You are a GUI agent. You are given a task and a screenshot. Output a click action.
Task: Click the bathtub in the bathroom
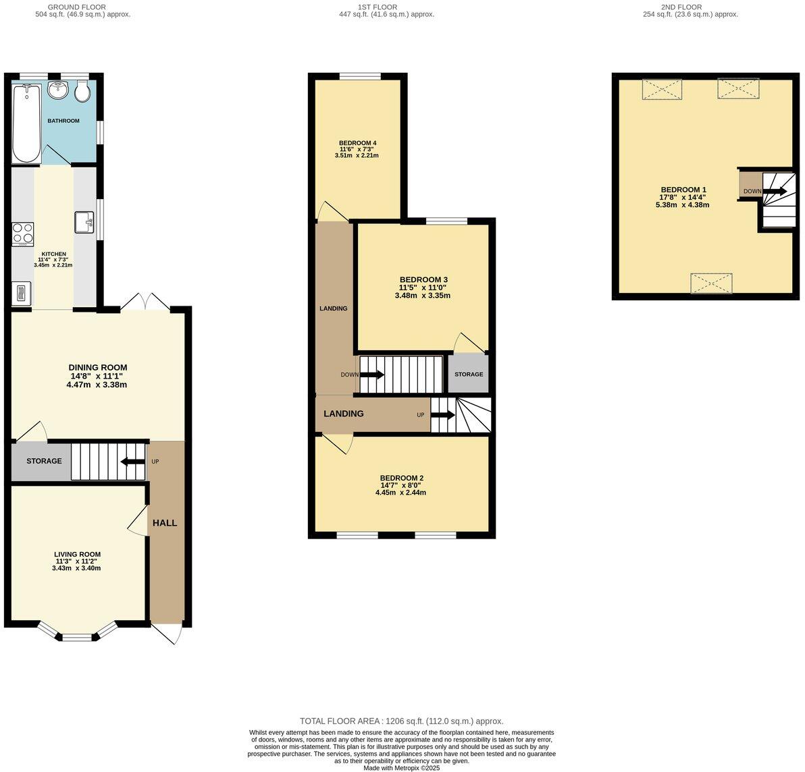(x=26, y=123)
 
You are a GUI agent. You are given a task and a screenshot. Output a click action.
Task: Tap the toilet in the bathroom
(x=82, y=92)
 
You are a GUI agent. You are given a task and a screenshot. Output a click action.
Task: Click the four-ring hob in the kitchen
(x=23, y=233)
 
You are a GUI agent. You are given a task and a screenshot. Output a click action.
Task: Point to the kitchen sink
(x=84, y=221)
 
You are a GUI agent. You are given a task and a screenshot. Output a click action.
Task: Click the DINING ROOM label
(x=97, y=368)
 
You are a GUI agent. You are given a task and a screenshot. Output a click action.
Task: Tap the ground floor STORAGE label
(x=44, y=462)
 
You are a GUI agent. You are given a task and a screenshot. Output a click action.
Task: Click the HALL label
(x=165, y=523)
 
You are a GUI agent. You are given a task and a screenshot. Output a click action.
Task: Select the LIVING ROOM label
(x=77, y=555)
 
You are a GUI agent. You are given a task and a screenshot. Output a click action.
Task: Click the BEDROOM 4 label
(x=357, y=143)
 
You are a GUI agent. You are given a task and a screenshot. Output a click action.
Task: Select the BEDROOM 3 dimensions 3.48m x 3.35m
(x=422, y=296)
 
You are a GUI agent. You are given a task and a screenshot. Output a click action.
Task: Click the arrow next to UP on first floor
(x=442, y=415)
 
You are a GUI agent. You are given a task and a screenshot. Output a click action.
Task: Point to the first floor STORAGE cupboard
(x=469, y=374)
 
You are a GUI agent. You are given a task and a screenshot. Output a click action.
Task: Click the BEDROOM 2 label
(x=401, y=478)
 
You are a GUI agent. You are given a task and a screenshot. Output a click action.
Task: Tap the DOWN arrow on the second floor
(x=774, y=192)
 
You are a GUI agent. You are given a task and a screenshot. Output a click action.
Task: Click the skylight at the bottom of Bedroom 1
(x=711, y=283)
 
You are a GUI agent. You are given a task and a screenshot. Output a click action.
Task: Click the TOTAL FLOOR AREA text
(x=401, y=721)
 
